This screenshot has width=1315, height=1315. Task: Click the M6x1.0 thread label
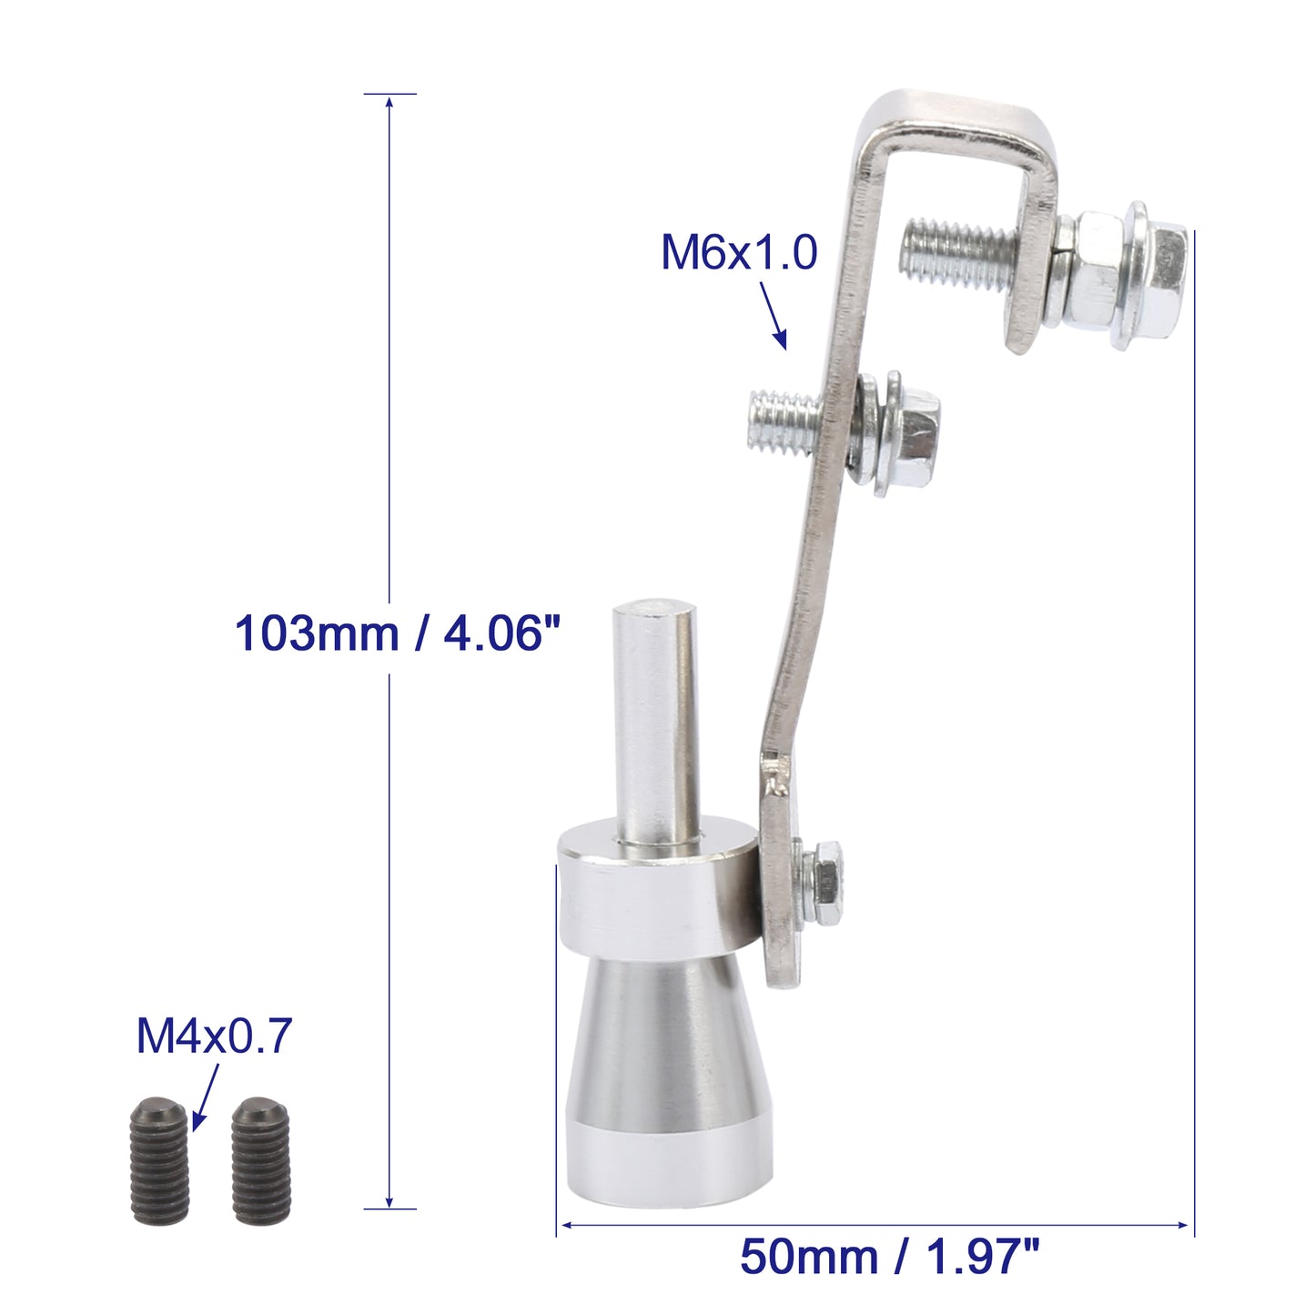739,252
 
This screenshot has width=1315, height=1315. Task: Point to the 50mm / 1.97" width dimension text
889,1257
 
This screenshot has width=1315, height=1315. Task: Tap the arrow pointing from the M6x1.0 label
774,316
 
